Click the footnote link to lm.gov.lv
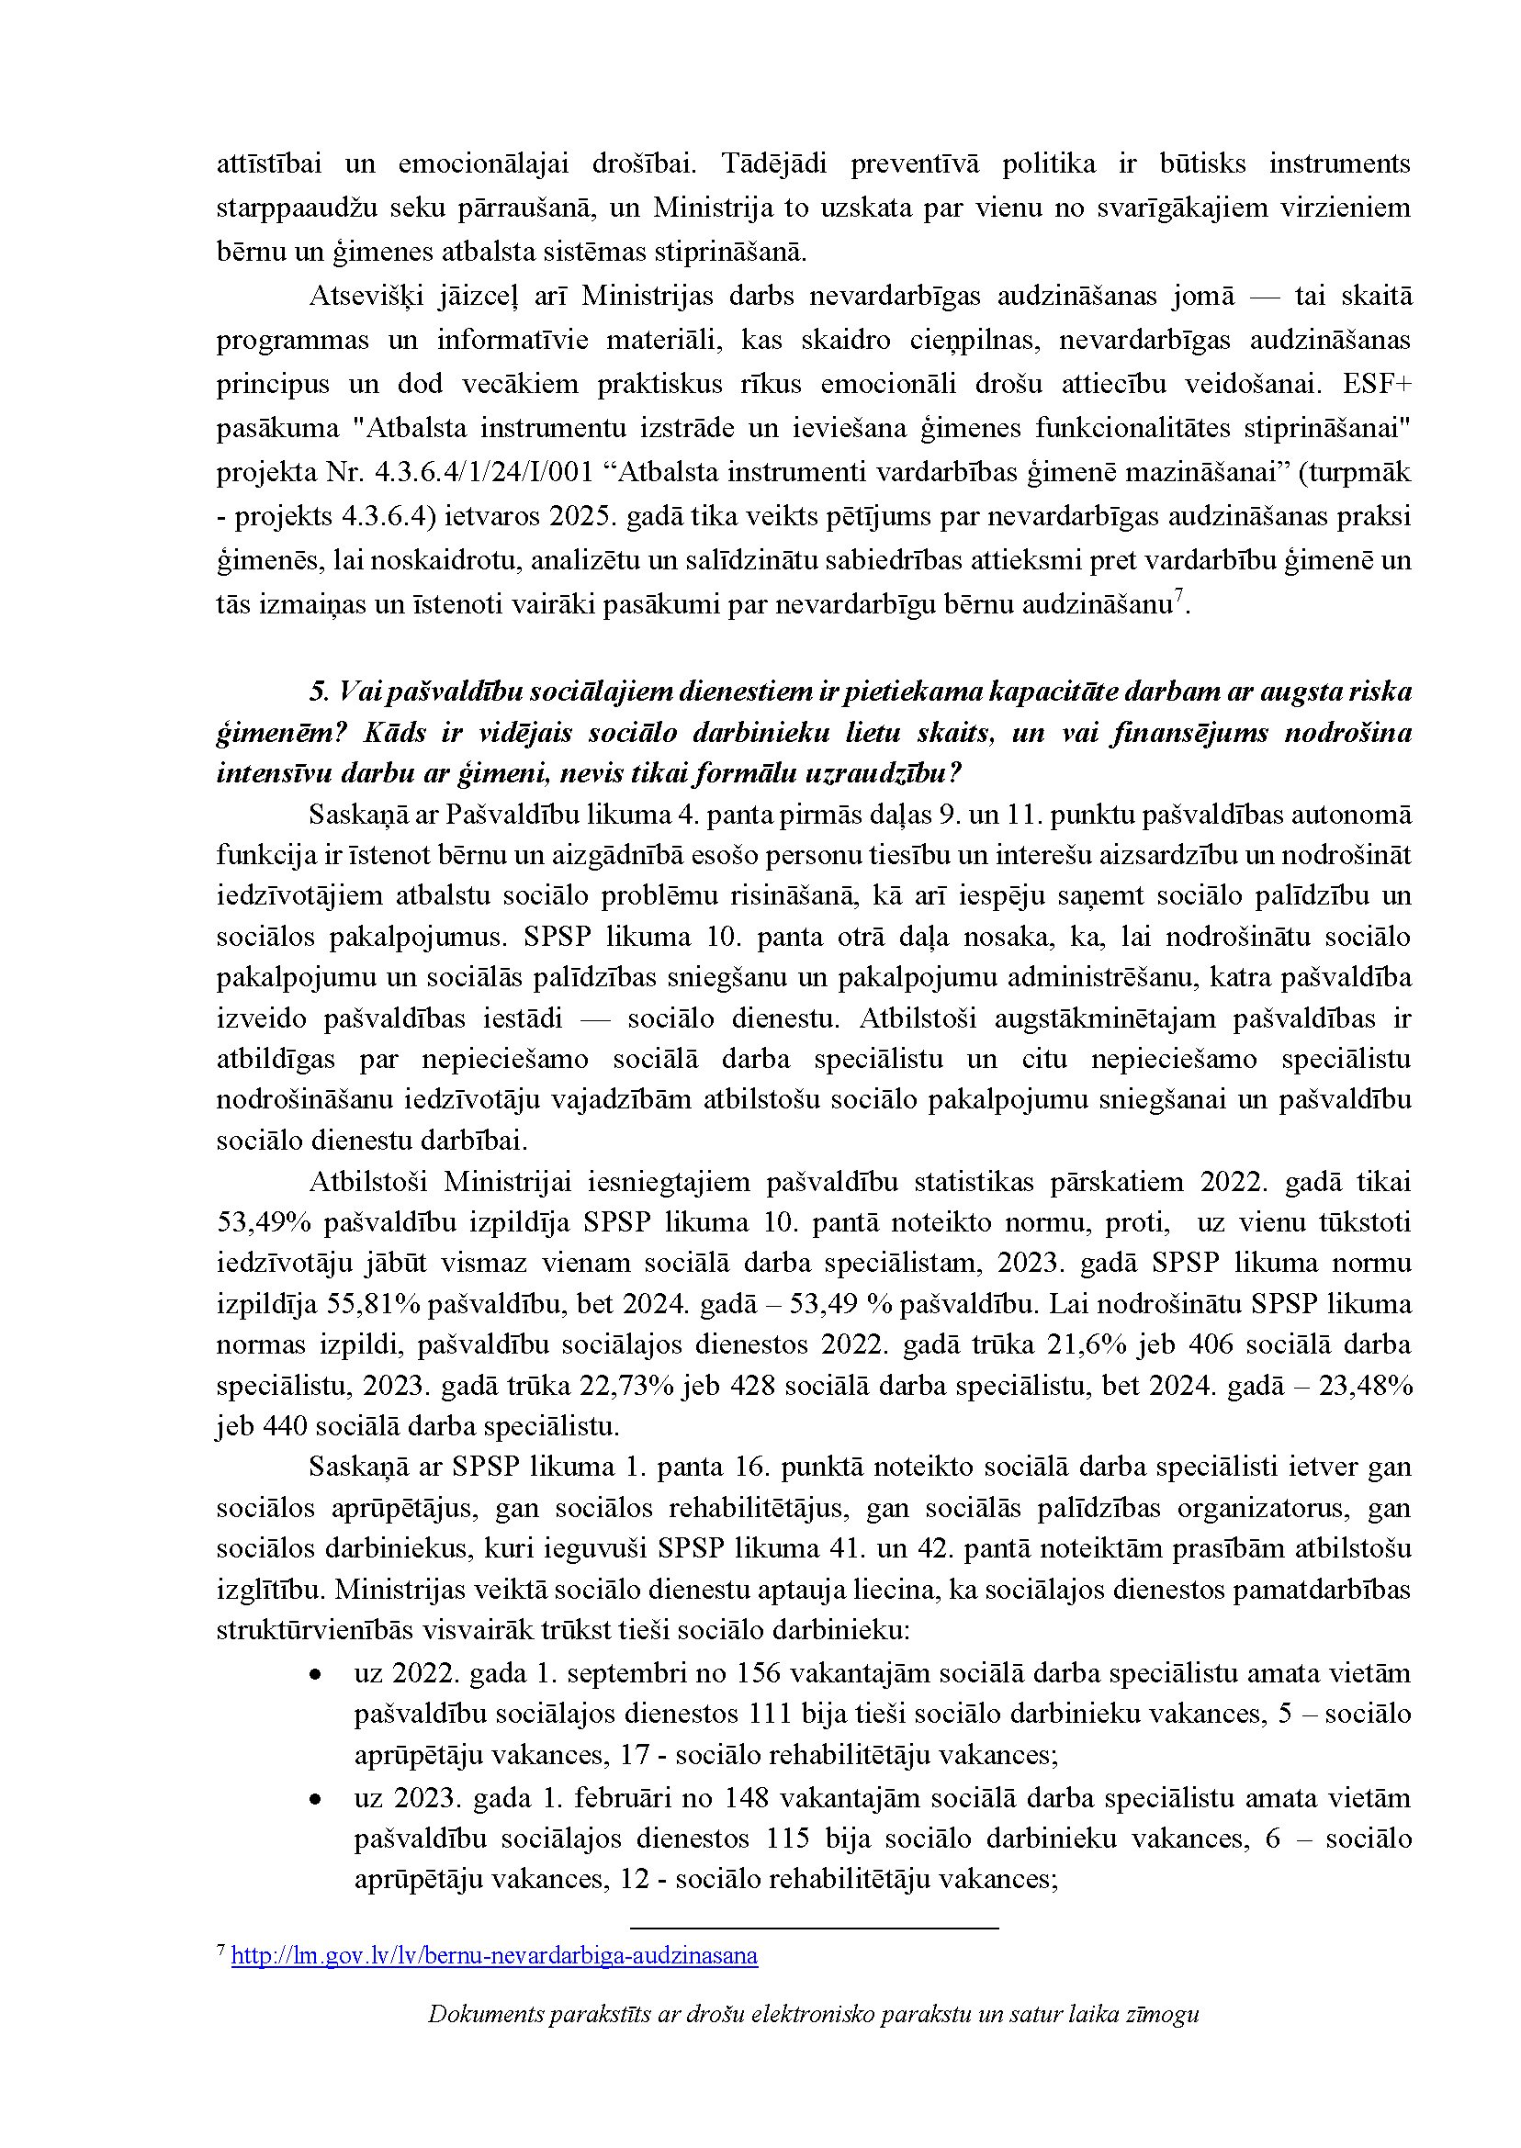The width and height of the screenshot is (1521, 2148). coord(493,1956)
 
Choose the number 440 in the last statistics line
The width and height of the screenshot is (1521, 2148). coord(285,1427)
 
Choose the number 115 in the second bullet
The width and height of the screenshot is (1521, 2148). coord(787,1839)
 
